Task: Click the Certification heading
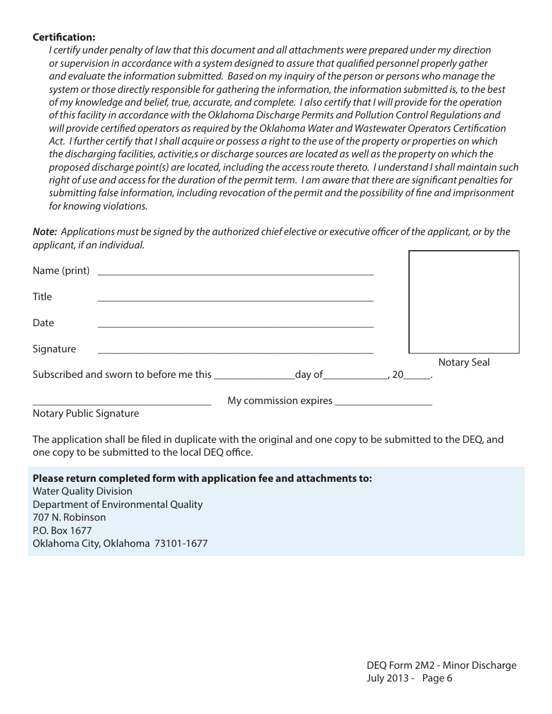click(64, 37)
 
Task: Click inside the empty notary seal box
click(464, 302)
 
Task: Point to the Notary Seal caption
click(464, 363)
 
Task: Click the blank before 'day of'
click(254, 376)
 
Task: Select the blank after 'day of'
click(356, 376)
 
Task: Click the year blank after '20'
click(417, 376)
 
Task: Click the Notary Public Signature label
click(86, 414)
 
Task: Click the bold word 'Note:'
click(45, 232)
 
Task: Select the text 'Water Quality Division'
click(83, 492)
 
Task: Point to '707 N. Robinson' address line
click(69, 517)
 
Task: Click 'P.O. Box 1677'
click(62, 531)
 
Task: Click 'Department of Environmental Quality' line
click(117, 504)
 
